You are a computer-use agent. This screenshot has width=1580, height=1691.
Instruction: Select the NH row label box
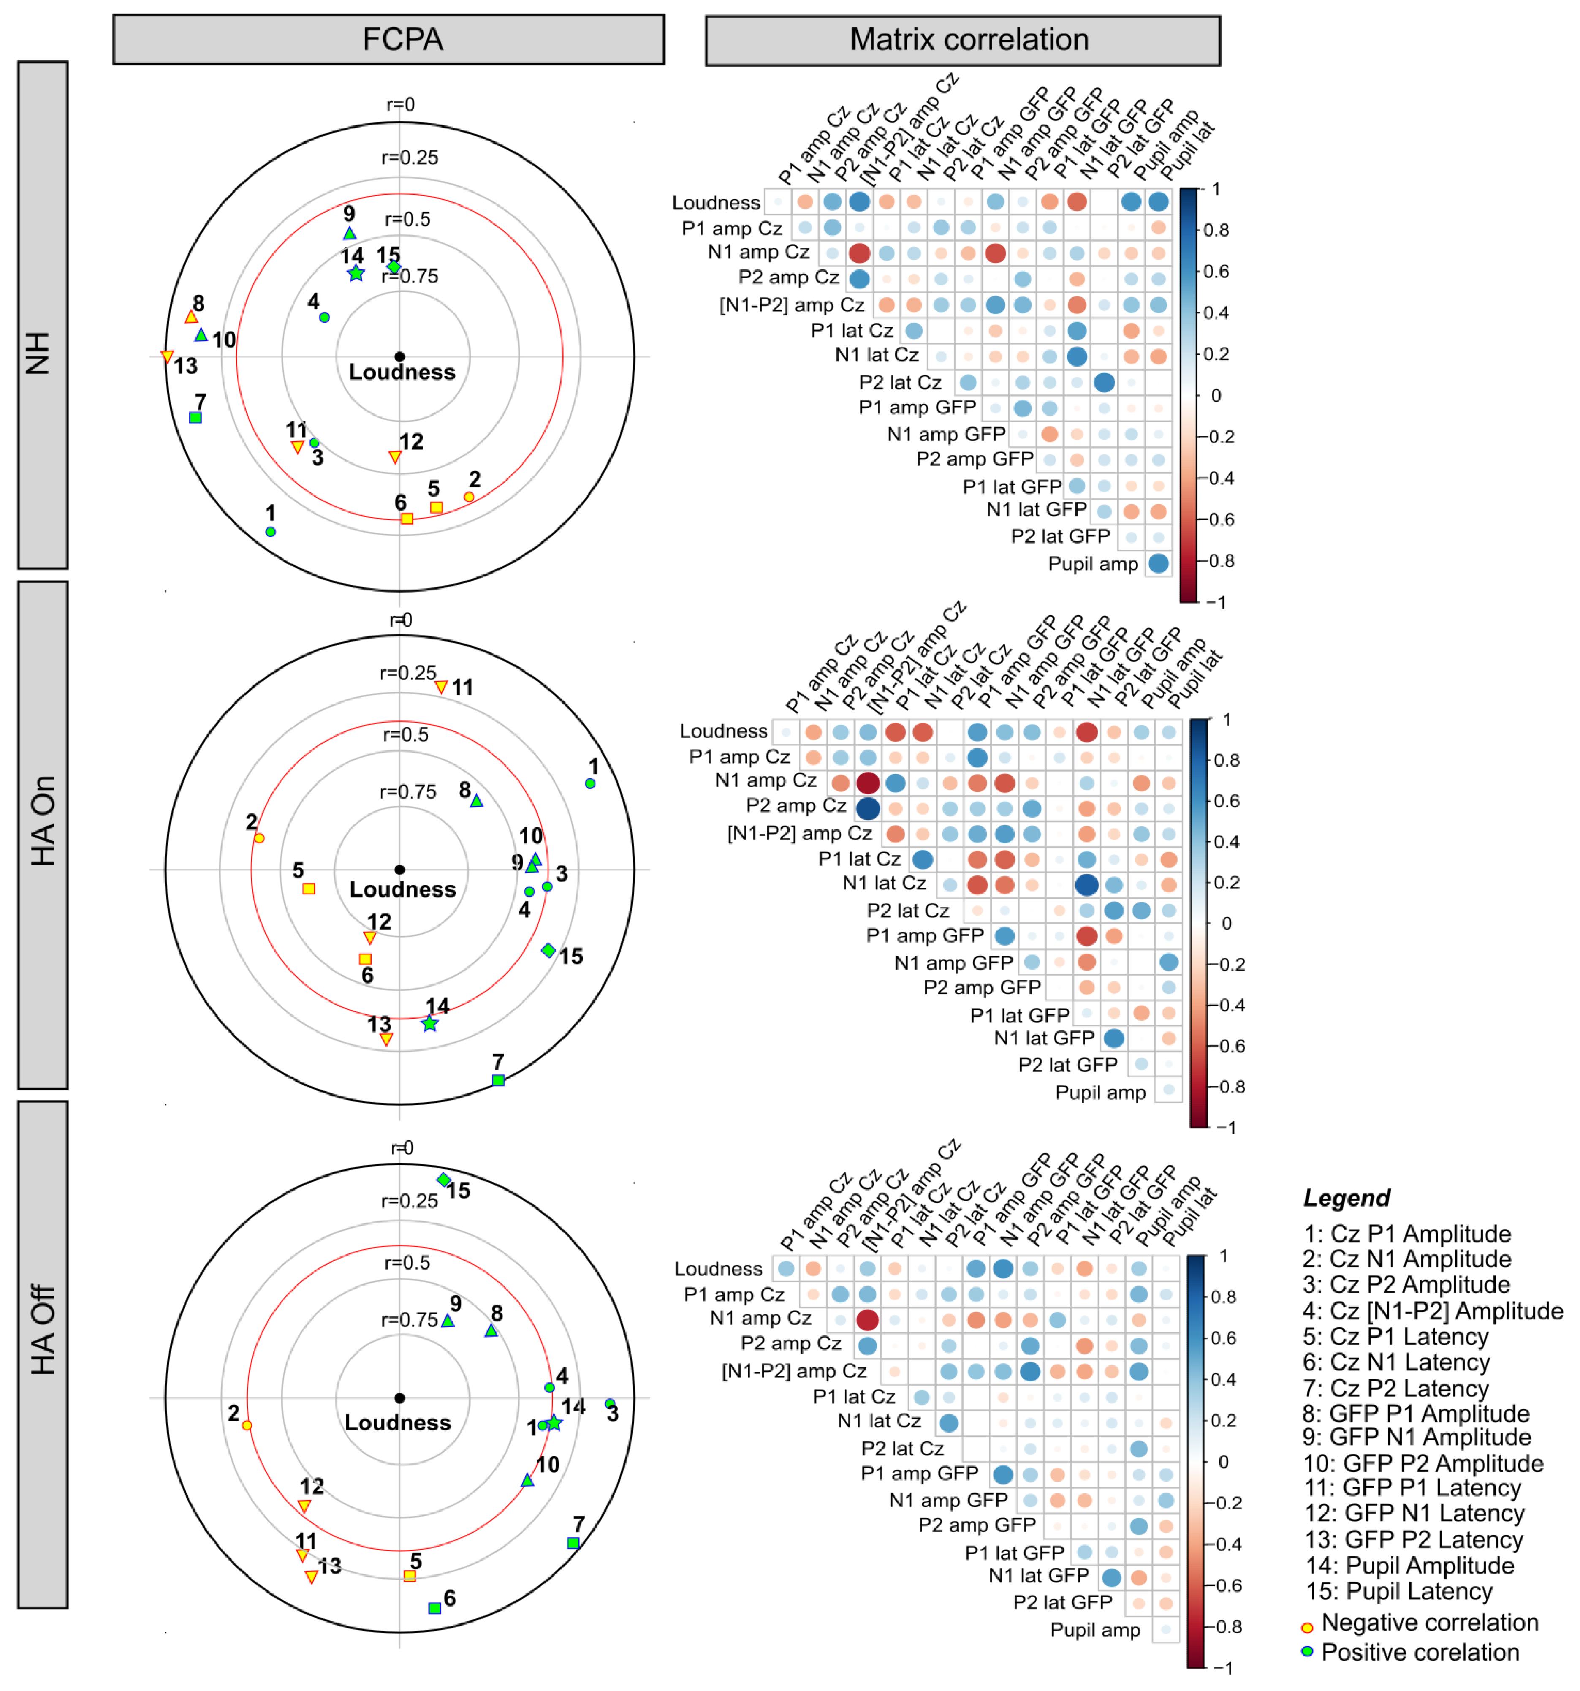pyautogui.click(x=43, y=315)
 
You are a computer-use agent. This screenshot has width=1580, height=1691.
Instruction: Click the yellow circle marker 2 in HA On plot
pyautogui.click(x=259, y=839)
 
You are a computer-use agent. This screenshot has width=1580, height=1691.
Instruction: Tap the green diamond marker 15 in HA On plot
pyautogui.click(x=548, y=950)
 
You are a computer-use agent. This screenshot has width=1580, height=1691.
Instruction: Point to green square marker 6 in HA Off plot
pyautogui.click(x=434, y=1609)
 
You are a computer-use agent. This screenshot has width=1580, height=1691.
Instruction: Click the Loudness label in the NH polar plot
pyautogui.click(x=402, y=372)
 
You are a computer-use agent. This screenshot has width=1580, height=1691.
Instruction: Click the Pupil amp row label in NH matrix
pyautogui.click(x=1093, y=564)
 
